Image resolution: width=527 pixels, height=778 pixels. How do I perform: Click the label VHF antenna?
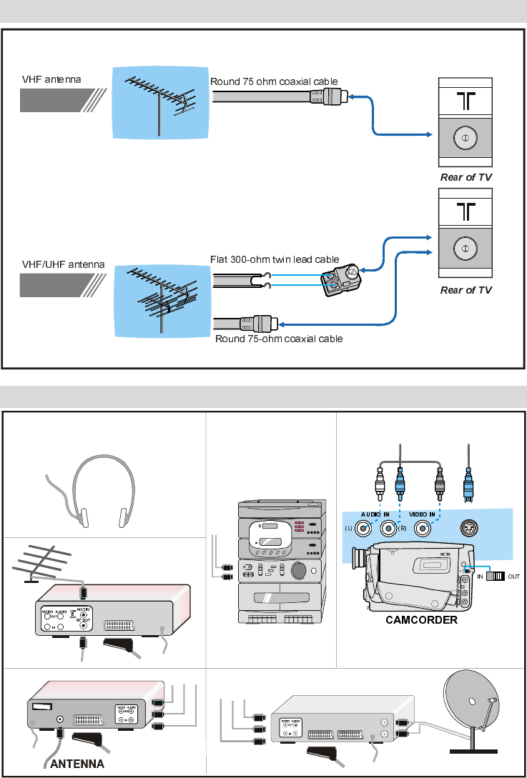tap(51, 79)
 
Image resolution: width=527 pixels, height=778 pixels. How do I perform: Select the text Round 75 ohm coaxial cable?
tap(274, 81)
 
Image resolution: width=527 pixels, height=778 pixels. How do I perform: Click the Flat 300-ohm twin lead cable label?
tap(274, 259)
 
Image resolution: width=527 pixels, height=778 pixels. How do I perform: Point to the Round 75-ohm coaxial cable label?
tap(279, 339)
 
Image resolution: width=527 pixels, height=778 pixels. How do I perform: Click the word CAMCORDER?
tap(422, 619)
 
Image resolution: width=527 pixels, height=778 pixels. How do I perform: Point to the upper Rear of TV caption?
tap(466, 177)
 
